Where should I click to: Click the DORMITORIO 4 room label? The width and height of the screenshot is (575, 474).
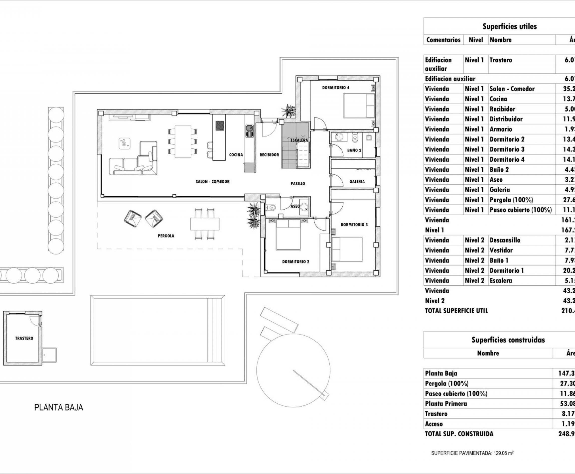(335, 88)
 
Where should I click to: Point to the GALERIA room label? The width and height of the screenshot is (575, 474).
(357, 182)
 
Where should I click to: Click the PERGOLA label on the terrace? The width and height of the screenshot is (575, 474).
(166, 236)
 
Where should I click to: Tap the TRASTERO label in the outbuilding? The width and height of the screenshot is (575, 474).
(24, 338)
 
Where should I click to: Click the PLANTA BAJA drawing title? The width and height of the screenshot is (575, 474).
(58, 407)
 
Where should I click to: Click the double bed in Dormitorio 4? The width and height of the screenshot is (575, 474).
(359, 106)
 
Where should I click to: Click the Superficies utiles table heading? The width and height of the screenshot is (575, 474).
(509, 26)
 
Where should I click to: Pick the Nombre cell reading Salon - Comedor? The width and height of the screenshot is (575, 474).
(512, 89)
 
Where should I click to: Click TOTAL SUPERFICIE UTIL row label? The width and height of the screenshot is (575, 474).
(456, 311)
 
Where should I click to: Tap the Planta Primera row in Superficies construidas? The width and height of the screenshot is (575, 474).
(446, 404)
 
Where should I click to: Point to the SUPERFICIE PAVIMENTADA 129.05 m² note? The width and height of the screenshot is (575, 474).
(472, 453)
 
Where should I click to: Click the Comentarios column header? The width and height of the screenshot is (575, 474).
(443, 40)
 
